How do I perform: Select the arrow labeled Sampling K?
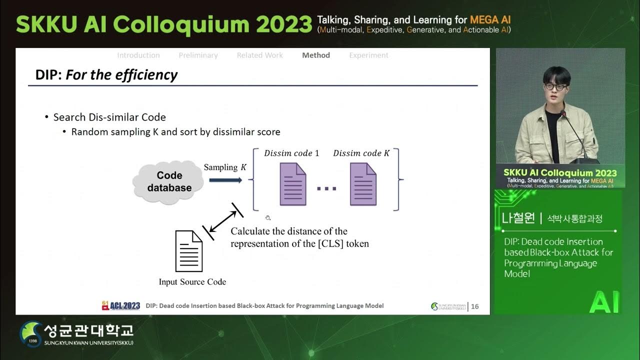(x=225, y=179)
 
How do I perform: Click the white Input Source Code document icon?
(x=188, y=251)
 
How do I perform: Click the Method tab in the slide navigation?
(x=316, y=55)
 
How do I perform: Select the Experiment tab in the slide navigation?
(x=368, y=55)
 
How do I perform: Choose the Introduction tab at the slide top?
(x=138, y=55)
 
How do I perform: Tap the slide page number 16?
(x=474, y=306)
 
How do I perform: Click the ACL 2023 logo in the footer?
(x=121, y=305)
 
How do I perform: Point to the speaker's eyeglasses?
(x=555, y=86)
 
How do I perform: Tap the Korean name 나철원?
(x=518, y=218)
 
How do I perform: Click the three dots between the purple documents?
(x=326, y=188)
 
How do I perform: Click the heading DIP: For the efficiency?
(x=106, y=75)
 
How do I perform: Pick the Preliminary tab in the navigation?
(x=198, y=55)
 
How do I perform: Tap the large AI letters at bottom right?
(x=604, y=301)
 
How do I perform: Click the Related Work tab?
(x=259, y=55)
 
